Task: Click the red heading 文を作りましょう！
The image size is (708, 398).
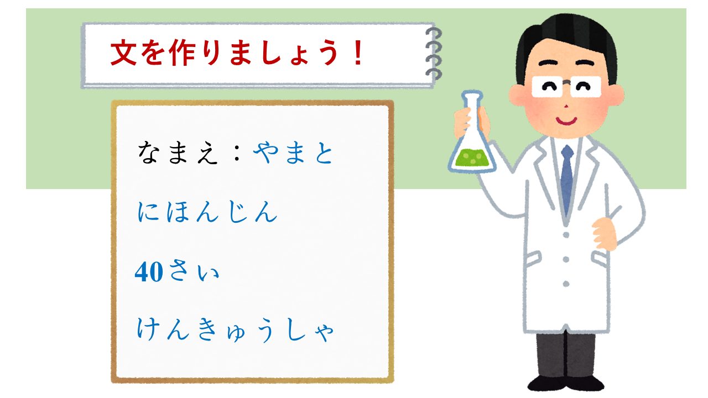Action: [x=237, y=53]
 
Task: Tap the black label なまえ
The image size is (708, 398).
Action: [x=178, y=153]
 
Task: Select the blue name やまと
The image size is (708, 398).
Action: [x=293, y=153]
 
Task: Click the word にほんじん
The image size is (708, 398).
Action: [x=207, y=212]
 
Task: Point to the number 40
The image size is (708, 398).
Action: [x=149, y=271]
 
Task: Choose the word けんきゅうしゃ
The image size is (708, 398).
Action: [x=236, y=330]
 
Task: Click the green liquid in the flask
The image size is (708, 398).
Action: [x=472, y=158]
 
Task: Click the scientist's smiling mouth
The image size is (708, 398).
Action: [x=566, y=121]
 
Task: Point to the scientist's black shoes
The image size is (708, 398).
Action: [x=566, y=383]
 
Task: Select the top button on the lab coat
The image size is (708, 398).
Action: [x=566, y=235]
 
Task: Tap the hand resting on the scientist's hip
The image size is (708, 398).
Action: [x=604, y=234]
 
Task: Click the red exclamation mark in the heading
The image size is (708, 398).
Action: [x=358, y=53]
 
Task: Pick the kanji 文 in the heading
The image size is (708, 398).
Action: [x=123, y=53]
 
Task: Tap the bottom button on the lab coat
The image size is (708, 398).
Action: [x=566, y=284]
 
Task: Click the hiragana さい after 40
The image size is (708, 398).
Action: [x=194, y=271]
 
